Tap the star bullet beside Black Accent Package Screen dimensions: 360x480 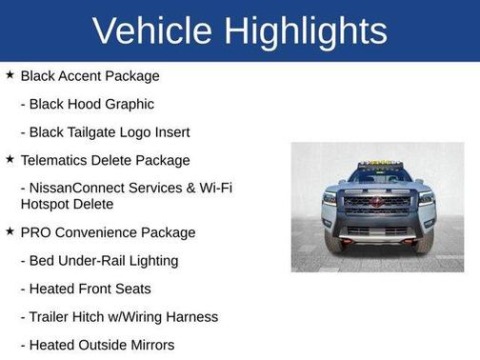pyautogui.click(x=10, y=74)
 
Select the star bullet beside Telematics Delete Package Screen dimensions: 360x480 pyautogui.click(x=10, y=159)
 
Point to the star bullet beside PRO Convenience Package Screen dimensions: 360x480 pyautogui.click(x=10, y=231)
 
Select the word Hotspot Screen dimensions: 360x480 pyautogui.click(x=47, y=204)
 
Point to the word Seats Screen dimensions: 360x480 pyautogui.click(x=132, y=289)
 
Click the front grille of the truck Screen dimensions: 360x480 pyautogui.click(x=377, y=203)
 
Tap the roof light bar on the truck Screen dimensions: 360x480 pyautogui.click(x=378, y=164)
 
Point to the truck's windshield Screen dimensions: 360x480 pyautogui.click(x=378, y=177)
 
